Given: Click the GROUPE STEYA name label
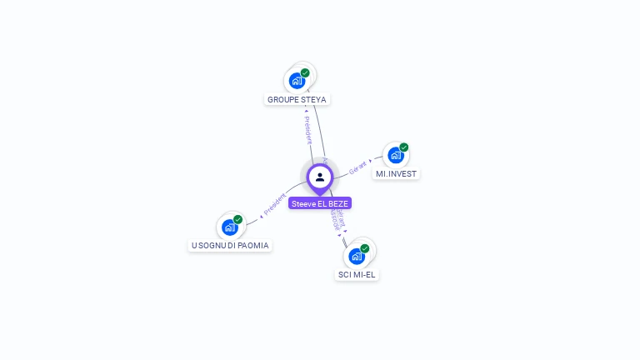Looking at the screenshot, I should point(297,99).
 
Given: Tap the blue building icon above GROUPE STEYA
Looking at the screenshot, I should point(296,81).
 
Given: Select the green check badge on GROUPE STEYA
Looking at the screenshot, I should point(305,73).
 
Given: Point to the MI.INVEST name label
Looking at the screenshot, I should point(396,174).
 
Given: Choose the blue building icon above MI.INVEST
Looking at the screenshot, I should point(395,155).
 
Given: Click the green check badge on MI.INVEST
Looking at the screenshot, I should point(404,147).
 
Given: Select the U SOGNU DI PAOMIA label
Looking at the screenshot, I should point(230,246).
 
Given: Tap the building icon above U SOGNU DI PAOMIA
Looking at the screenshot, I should point(229,227).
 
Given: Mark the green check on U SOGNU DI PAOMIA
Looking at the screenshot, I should point(238,219).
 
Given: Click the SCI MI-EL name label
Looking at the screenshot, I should point(357,274).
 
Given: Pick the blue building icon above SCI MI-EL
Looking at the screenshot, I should point(356,256).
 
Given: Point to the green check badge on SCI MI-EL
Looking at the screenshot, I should point(365,248).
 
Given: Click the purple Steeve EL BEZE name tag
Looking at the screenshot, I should point(320,203).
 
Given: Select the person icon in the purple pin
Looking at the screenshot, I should point(320,177).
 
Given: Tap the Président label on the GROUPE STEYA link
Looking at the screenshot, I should point(307,128).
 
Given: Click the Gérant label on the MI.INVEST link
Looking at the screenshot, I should point(358,166).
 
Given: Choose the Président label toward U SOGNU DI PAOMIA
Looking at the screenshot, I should point(274,205).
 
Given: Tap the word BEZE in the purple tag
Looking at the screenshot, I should point(337,203).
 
